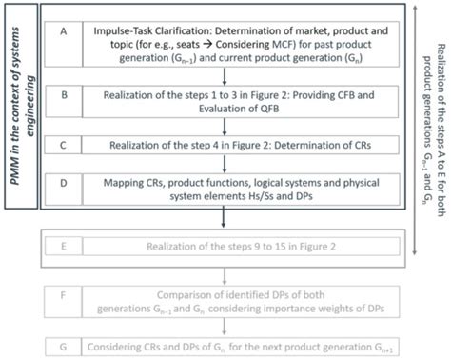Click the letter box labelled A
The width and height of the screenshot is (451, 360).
coord(63,31)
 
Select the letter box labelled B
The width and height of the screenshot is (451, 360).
coord(63,95)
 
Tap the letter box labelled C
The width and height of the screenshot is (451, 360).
coord(63,146)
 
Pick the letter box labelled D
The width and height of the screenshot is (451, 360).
coord(63,190)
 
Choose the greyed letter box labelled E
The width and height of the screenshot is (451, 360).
coord(63,247)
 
